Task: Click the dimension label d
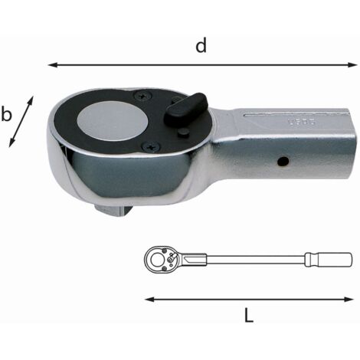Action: pyautogui.click(x=201, y=46)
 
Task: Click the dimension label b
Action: pyautogui.click(x=6, y=114)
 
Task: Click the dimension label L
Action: pyautogui.click(x=248, y=315)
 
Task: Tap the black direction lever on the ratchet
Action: pyautogui.click(x=185, y=109)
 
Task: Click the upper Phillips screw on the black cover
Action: pyautogui.click(x=142, y=96)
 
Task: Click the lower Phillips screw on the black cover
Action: pyautogui.click(x=151, y=147)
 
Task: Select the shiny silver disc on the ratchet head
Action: pyautogui.click(x=113, y=120)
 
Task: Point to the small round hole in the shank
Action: pyautogui.click(x=283, y=161)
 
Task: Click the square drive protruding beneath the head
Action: pyautogui.click(x=113, y=209)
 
